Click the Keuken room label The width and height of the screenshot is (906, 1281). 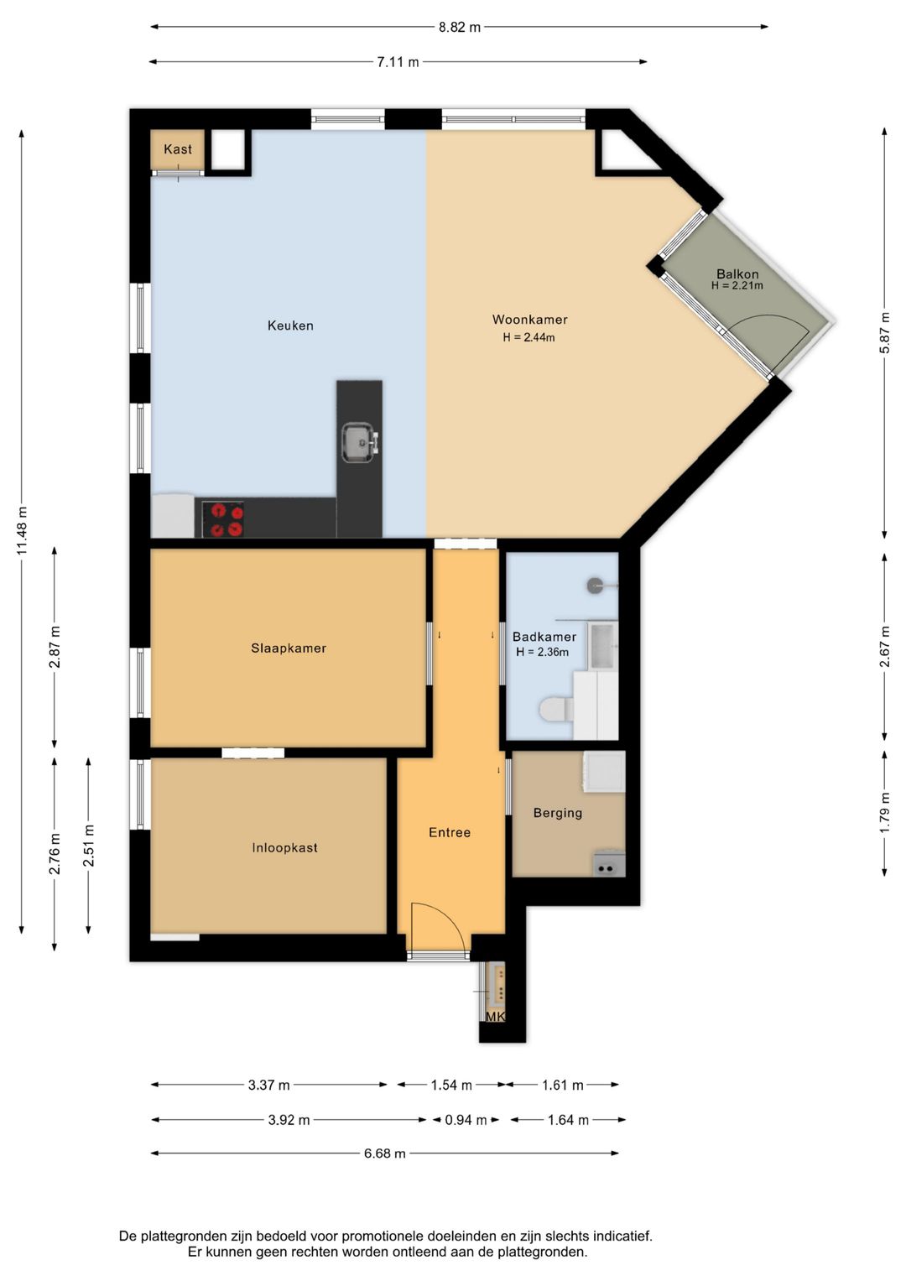290,325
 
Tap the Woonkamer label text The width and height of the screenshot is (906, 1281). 529,319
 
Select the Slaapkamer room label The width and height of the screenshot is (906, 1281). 289,648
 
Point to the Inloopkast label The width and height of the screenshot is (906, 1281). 284,847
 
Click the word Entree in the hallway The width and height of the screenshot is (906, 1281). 450,832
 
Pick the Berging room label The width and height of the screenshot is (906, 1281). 558,813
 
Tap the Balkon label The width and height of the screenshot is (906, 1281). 737,274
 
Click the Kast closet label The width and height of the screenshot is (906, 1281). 177,149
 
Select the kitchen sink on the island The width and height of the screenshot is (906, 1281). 360,442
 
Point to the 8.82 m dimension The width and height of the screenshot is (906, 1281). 460,27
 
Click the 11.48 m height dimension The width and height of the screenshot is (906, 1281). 22,530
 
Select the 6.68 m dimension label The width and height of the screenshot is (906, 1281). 384,1153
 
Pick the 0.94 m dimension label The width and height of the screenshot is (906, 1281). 466,1120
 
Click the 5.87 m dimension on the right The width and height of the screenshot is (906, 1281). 885,332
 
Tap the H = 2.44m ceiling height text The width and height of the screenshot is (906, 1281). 528,337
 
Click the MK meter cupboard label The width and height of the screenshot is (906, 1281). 495,1016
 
